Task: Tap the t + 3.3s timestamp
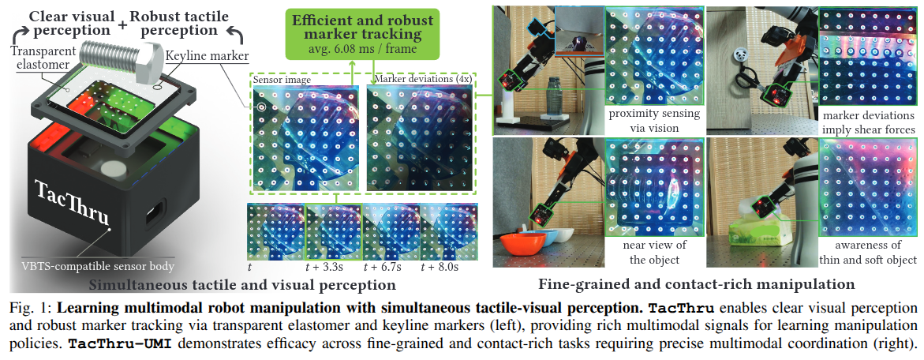328,267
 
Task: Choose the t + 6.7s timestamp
385,267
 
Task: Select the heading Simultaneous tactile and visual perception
242,283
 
